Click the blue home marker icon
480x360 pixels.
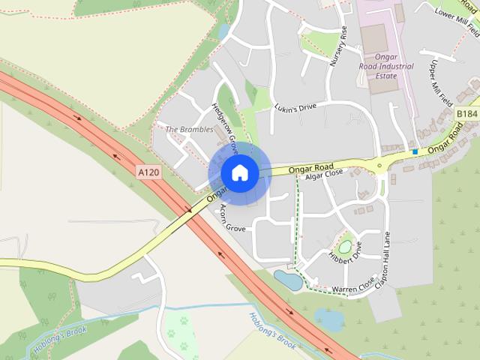click(239, 173)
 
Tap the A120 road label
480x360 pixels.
click(149, 172)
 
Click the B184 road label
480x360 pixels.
click(466, 113)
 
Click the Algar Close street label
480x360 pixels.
click(325, 172)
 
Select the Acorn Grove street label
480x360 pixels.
click(231, 217)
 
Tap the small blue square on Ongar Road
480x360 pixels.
click(415, 152)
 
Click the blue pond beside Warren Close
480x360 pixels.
click(288, 280)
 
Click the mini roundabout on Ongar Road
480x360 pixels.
click(379, 165)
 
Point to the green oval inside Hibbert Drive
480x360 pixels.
click(346, 245)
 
